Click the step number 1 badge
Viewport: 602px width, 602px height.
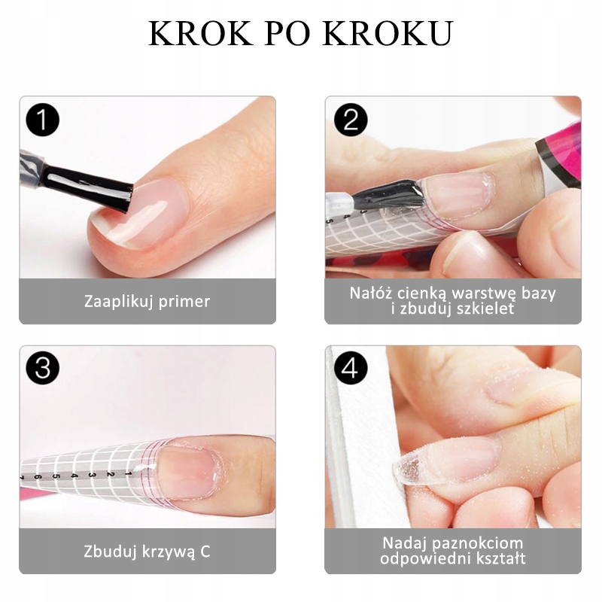(42, 120)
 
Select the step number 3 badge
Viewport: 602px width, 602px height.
(42, 368)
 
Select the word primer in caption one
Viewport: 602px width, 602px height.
(183, 302)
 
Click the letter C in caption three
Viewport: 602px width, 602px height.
(205, 551)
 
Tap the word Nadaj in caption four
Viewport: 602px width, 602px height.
(404, 543)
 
